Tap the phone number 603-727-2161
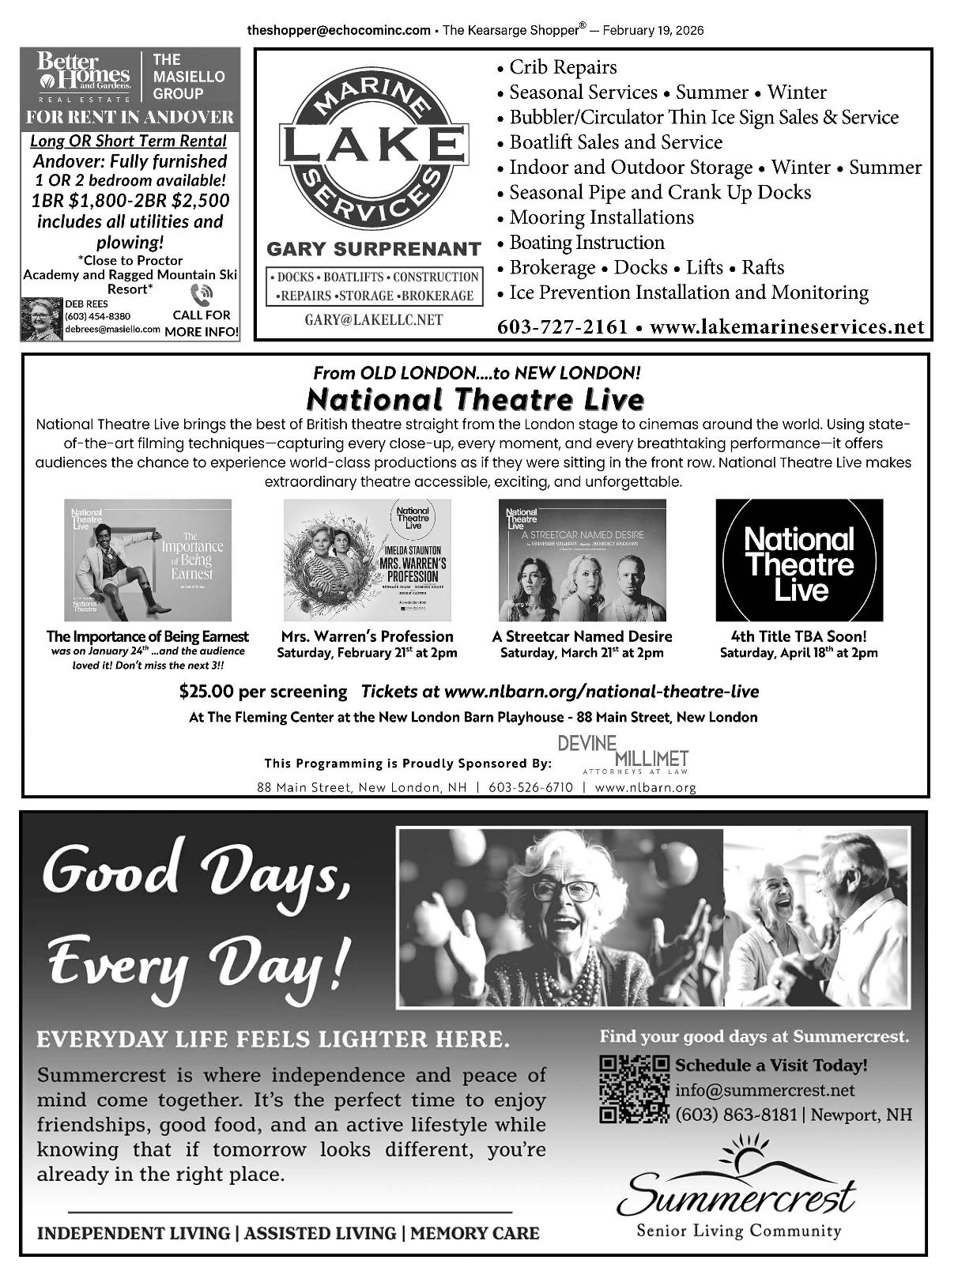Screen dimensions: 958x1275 (x=562, y=326)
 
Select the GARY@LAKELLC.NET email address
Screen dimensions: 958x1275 (x=374, y=320)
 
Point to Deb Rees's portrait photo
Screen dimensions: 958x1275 (x=41, y=319)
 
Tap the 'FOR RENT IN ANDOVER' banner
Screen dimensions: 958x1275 (x=130, y=117)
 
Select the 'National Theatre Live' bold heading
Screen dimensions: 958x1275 (x=474, y=398)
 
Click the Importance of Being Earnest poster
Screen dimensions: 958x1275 (x=148, y=560)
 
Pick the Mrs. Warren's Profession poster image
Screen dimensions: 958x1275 (x=367, y=560)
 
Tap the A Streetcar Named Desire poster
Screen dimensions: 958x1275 (x=582, y=560)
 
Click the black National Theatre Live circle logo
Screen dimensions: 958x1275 (x=799, y=560)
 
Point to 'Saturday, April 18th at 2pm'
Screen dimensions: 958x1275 (x=798, y=653)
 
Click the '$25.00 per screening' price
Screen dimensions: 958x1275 (x=263, y=692)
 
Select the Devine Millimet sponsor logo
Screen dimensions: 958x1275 (x=623, y=755)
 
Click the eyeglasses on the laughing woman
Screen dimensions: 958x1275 (x=571, y=891)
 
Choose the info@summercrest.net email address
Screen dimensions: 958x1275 (x=764, y=1090)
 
